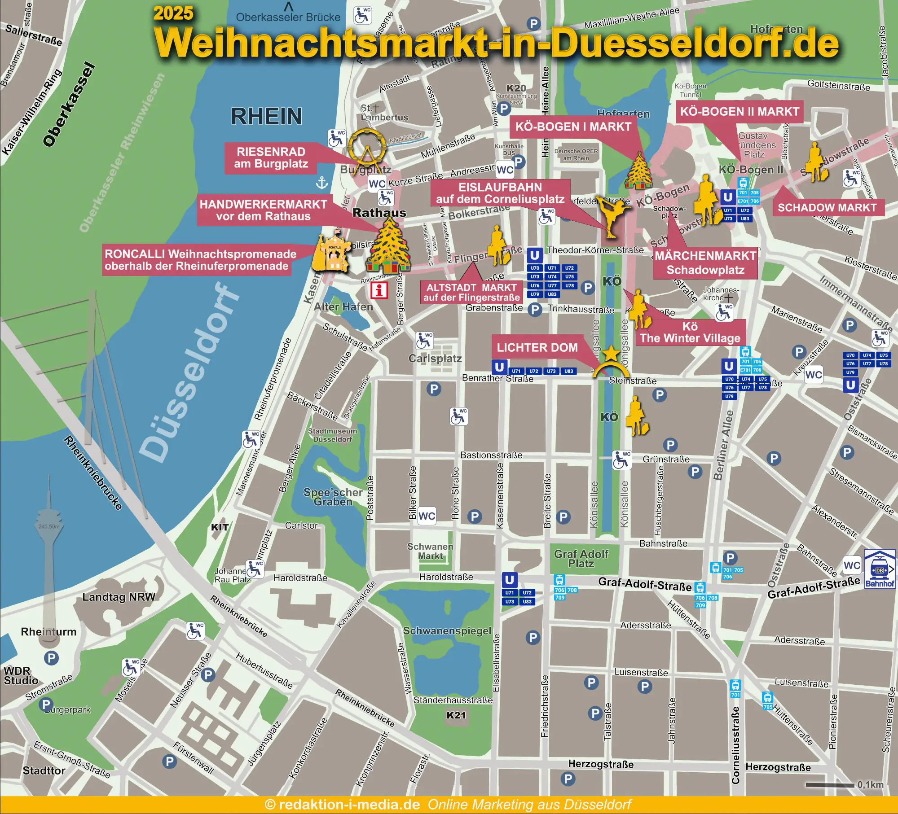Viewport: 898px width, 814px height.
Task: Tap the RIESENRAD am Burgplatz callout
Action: (271, 158)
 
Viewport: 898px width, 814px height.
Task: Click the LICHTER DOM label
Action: (537, 348)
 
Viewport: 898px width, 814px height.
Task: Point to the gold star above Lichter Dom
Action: (611, 354)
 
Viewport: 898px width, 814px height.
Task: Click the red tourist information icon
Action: (379, 290)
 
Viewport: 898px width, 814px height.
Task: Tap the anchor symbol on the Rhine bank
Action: (322, 183)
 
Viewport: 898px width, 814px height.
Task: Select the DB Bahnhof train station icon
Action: (879, 569)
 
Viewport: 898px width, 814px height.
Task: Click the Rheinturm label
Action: (48, 632)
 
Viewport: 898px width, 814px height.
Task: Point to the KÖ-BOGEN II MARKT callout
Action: (740, 112)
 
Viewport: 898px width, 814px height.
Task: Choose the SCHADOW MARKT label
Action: (827, 208)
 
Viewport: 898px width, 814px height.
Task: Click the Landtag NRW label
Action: (119, 597)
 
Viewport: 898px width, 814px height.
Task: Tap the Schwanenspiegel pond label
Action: (447, 631)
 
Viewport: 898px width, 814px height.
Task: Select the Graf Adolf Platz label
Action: (581, 559)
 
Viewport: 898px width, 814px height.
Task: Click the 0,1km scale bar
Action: (830, 785)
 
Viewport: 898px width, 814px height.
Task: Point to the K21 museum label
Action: (456, 715)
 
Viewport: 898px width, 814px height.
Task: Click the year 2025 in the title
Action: (173, 13)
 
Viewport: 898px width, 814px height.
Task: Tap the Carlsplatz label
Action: (435, 359)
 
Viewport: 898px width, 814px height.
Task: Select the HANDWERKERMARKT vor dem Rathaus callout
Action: (264, 210)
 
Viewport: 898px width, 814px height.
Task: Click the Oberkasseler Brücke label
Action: (288, 18)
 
